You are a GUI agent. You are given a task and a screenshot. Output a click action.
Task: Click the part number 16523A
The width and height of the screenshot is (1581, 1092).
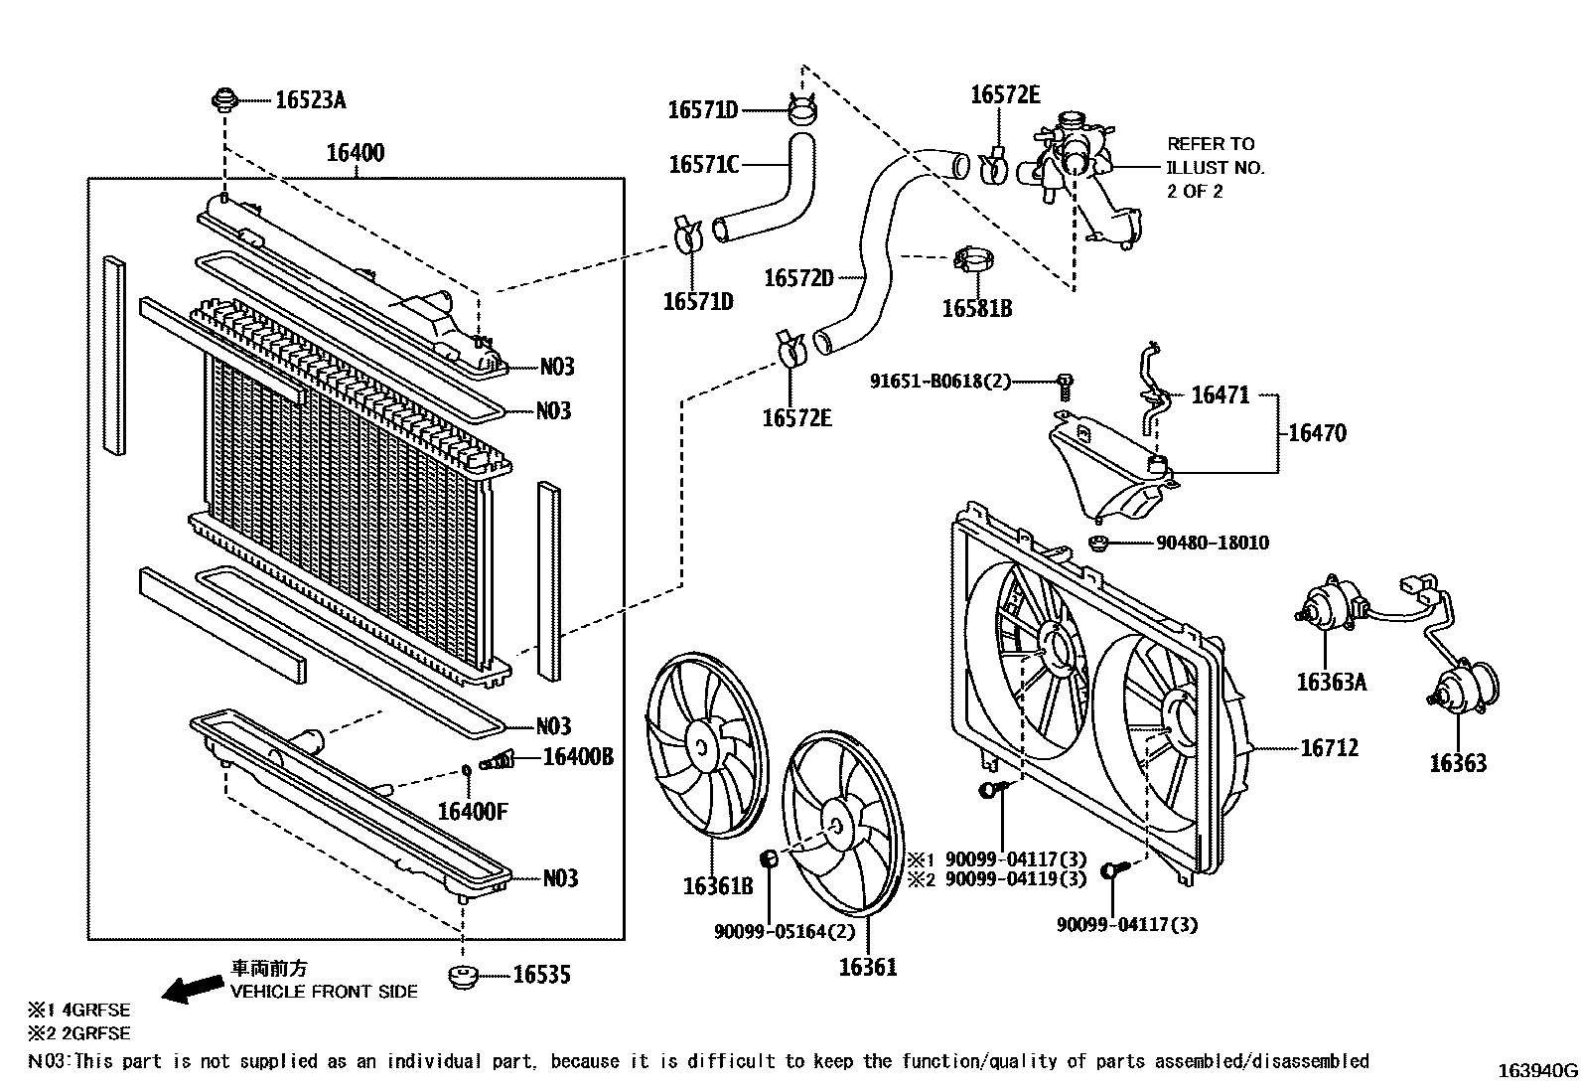pos(310,99)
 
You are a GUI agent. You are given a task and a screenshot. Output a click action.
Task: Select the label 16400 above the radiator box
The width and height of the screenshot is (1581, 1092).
pos(355,153)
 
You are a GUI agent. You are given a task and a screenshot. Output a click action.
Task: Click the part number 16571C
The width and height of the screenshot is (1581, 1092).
pos(703,164)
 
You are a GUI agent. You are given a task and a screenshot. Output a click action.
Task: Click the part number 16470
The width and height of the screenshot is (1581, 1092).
pos(1317,433)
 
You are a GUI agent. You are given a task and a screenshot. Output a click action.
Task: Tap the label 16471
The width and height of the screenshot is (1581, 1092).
pos(1220,395)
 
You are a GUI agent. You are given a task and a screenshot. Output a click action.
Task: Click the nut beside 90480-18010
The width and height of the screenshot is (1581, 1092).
pos(1099,543)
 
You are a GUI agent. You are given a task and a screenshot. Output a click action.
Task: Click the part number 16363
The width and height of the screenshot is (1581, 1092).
pos(1457,763)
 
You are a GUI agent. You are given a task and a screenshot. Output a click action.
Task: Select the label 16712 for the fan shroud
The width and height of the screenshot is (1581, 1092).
pos(1329,748)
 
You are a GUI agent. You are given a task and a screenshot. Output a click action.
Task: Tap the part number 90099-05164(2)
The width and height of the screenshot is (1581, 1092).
pos(784,931)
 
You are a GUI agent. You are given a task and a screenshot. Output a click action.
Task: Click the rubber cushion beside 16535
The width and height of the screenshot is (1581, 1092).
pos(462,976)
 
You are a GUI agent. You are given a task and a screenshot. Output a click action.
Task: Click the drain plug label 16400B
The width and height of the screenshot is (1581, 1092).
pos(577,758)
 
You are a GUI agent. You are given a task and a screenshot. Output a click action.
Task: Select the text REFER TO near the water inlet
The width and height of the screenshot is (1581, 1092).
pos(1210,144)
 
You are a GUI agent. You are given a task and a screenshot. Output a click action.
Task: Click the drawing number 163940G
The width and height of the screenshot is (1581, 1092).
pos(1537,1070)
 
